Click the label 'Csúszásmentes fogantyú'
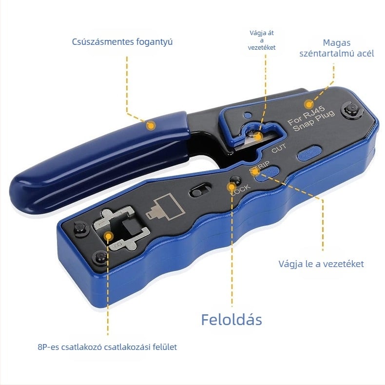(122, 42)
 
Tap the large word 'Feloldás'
(231, 319)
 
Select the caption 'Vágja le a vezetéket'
(321, 264)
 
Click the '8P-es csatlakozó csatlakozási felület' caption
(108, 347)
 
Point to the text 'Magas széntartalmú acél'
(337, 48)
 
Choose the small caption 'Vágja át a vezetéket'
(262, 40)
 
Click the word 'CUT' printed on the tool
(279, 148)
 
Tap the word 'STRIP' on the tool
(259, 167)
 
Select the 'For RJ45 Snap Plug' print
(311, 118)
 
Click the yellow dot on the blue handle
(151, 125)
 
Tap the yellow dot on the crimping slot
(108, 236)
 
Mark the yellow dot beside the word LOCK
(231, 187)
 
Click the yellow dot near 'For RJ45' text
(308, 104)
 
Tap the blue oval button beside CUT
(309, 154)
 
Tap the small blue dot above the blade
(248, 115)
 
